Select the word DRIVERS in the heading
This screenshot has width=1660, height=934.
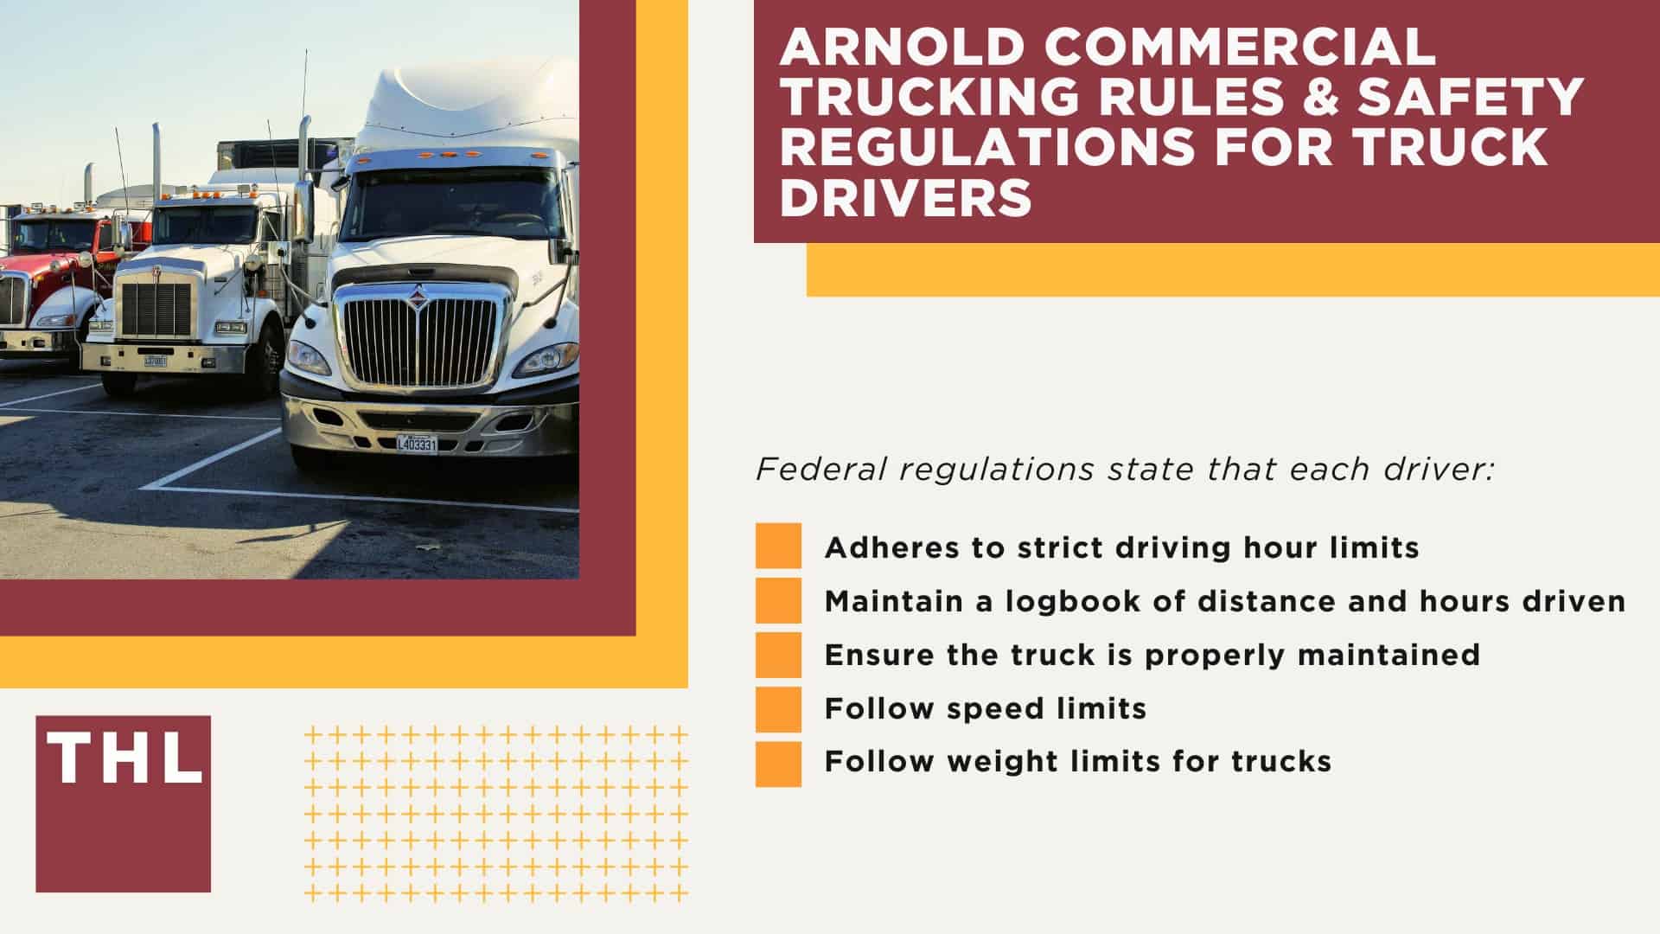(906, 197)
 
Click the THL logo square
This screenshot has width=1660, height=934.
(123, 803)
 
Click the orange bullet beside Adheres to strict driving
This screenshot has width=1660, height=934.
(778, 546)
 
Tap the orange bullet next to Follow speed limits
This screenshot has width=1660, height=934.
(778, 709)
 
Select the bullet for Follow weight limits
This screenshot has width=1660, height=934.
(778, 763)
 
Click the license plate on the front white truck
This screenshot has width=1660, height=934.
(417, 444)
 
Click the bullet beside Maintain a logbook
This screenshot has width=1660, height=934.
(778, 600)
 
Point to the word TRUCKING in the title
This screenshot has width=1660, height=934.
(929, 97)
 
